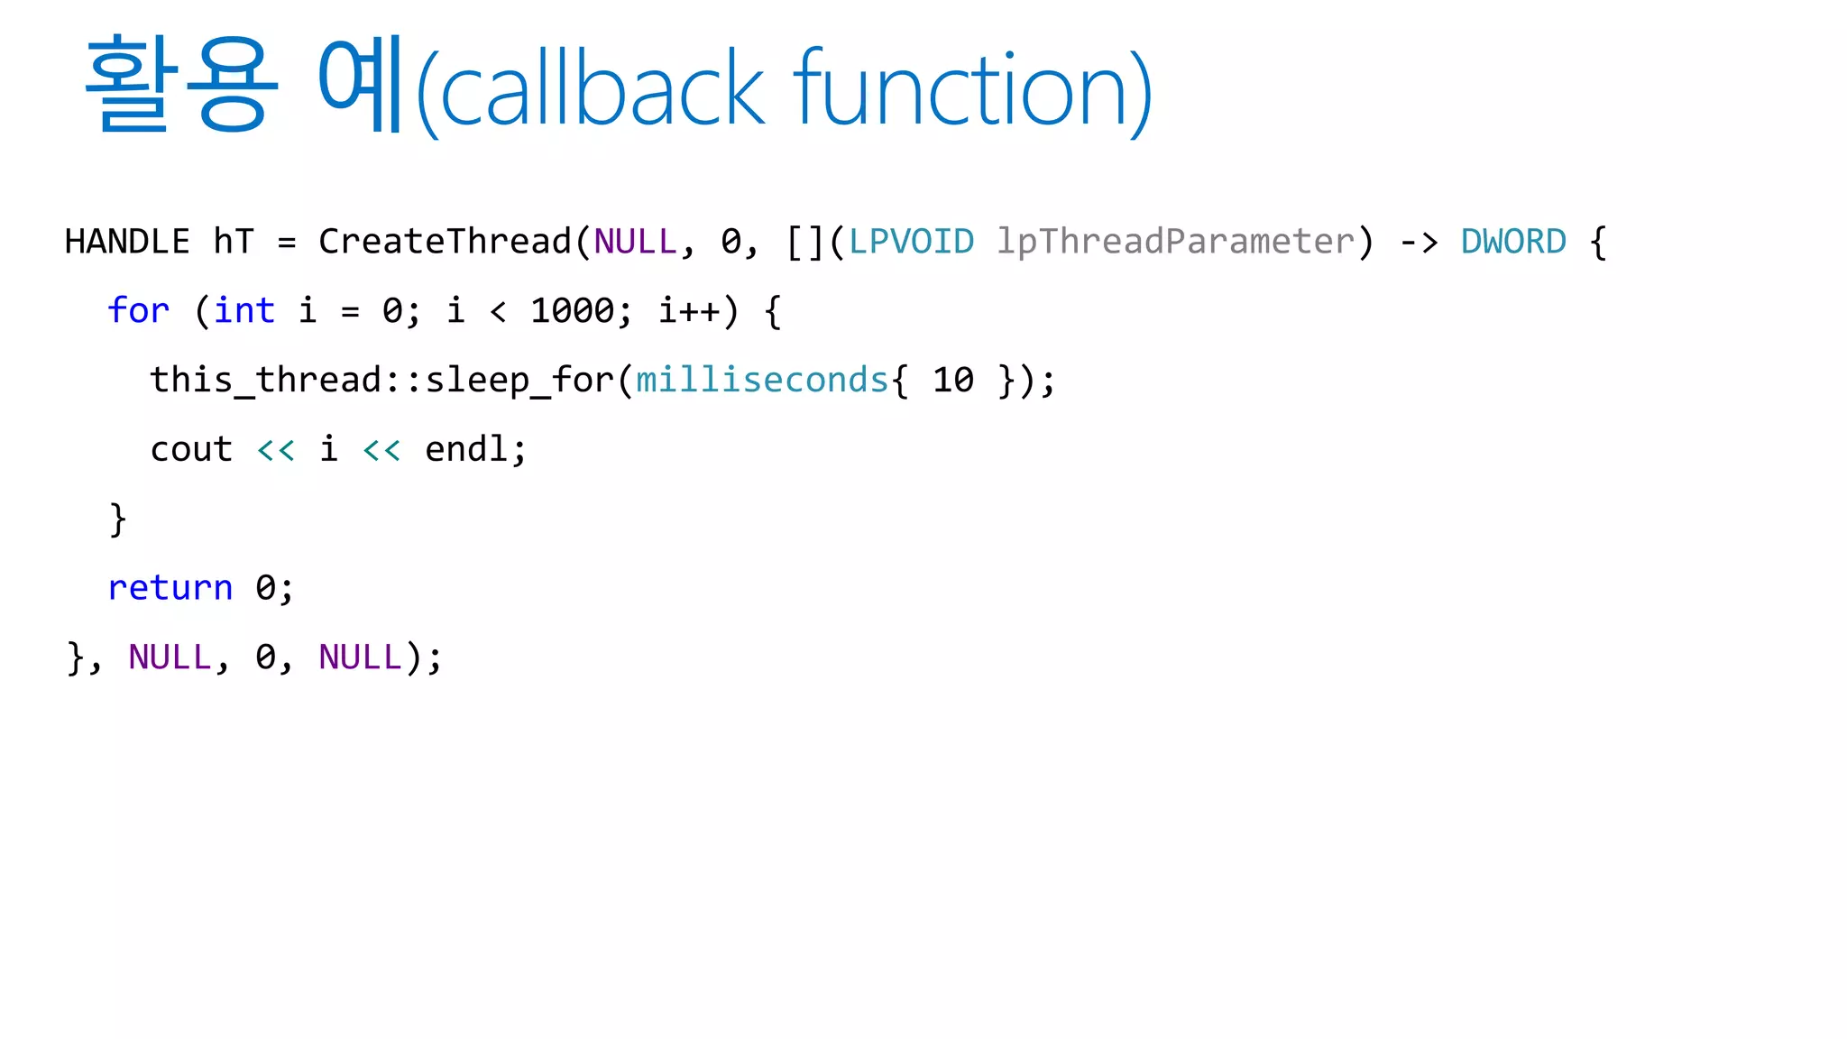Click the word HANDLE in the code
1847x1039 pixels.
tap(127, 242)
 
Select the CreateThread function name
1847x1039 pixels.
tap(445, 242)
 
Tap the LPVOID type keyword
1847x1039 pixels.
tap(911, 242)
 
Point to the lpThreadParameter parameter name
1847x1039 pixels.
tap(1175, 242)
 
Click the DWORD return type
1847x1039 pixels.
tap(1513, 242)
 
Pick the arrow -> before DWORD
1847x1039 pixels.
tap(1419, 242)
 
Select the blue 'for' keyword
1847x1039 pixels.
tap(138, 311)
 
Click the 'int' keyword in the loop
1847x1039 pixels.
tap(244, 311)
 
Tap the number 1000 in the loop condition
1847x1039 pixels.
tap(572, 311)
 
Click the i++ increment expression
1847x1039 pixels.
tap(689, 311)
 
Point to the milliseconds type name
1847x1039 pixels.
tap(763, 381)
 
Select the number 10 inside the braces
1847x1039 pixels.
tap(953, 381)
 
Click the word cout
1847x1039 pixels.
tap(191, 449)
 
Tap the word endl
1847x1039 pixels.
tap(465, 449)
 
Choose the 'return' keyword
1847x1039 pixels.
tap(170, 588)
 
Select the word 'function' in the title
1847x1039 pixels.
tap(960, 90)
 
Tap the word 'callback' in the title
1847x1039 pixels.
tap(602, 90)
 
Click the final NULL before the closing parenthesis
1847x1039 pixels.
tap(360, 657)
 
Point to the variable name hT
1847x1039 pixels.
tap(234, 242)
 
